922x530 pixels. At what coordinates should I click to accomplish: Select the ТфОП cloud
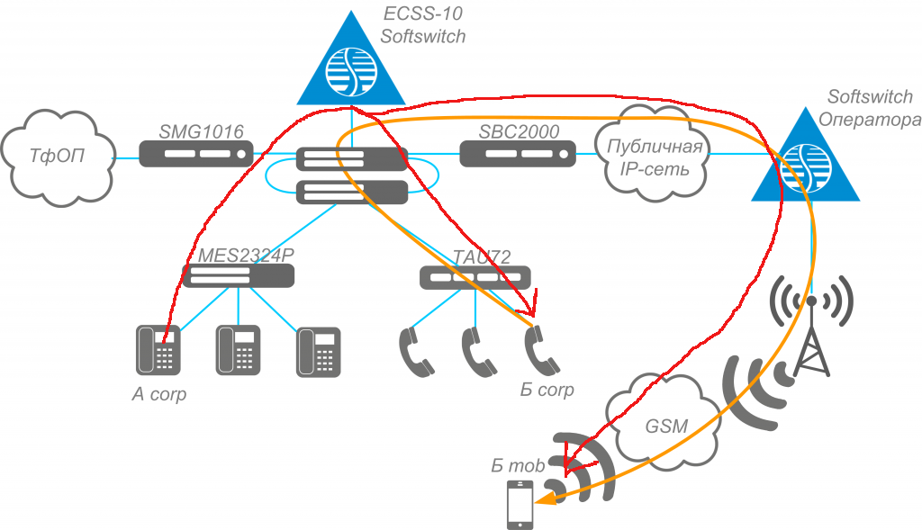pos(56,155)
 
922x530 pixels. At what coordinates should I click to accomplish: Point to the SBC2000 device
pos(518,154)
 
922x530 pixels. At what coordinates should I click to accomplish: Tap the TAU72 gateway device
pos(475,277)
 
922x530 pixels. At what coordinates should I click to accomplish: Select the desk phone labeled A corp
pos(155,350)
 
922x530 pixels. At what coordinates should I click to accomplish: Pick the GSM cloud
pos(665,424)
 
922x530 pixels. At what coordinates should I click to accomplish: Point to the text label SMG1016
pos(201,131)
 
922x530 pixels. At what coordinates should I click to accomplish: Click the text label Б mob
pos(518,465)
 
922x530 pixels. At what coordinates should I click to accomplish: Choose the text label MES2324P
pos(246,255)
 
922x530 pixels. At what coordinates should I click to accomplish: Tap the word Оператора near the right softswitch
pos(870,117)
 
